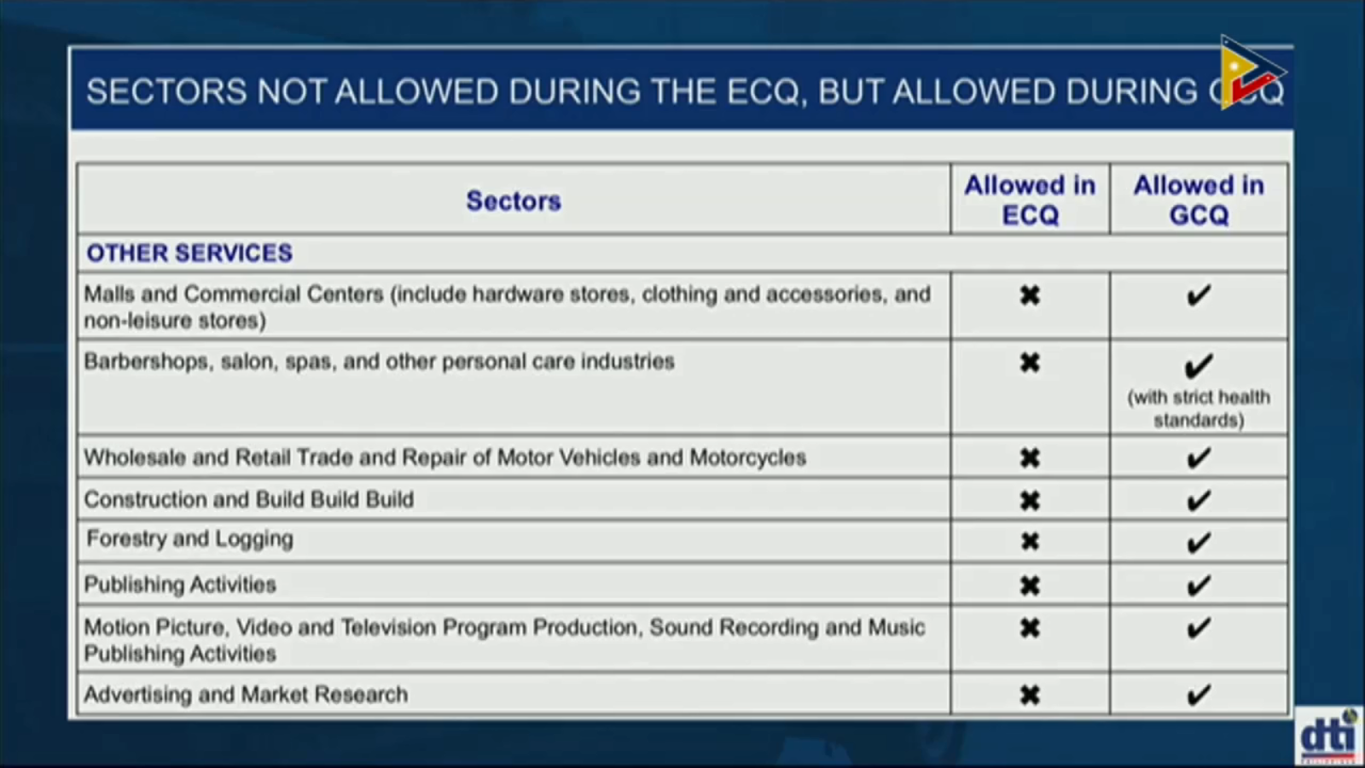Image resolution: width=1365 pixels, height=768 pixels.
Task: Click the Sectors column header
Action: [x=513, y=201]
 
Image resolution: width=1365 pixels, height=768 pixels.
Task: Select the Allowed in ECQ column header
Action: [x=1030, y=200]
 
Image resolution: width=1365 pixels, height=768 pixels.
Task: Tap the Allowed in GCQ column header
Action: [x=1199, y=200]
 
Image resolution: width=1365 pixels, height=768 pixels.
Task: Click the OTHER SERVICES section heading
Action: [x=189, y=253]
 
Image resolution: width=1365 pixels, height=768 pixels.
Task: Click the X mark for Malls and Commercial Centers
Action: [x=1030, y=295]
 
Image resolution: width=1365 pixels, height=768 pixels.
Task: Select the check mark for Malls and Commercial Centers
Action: [x=1199, y=295]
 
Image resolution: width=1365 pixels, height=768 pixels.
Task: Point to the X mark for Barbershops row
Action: [x=1030, y=363]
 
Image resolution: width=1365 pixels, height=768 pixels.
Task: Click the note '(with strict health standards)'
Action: [x=1199, y=409]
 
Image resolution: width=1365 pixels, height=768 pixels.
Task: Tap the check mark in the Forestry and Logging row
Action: [x=1199, y=542]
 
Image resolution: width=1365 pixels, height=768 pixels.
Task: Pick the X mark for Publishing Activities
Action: [x=1030, y=585]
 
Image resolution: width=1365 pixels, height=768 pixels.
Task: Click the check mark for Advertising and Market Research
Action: [x=1199, y=695]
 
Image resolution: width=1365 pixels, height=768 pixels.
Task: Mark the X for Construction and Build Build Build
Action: [x=1030, y=501]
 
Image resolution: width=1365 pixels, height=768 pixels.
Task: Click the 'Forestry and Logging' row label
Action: [x=189, y=539]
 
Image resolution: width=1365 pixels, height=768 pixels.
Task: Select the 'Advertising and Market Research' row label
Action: [x=247, y=695]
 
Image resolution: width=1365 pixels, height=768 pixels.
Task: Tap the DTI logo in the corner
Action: [x=1329, y=736]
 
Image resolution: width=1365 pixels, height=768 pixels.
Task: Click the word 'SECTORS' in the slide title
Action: [x=166, y=91]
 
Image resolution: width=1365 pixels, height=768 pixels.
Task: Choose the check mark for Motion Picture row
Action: [x=1199, y=628]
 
